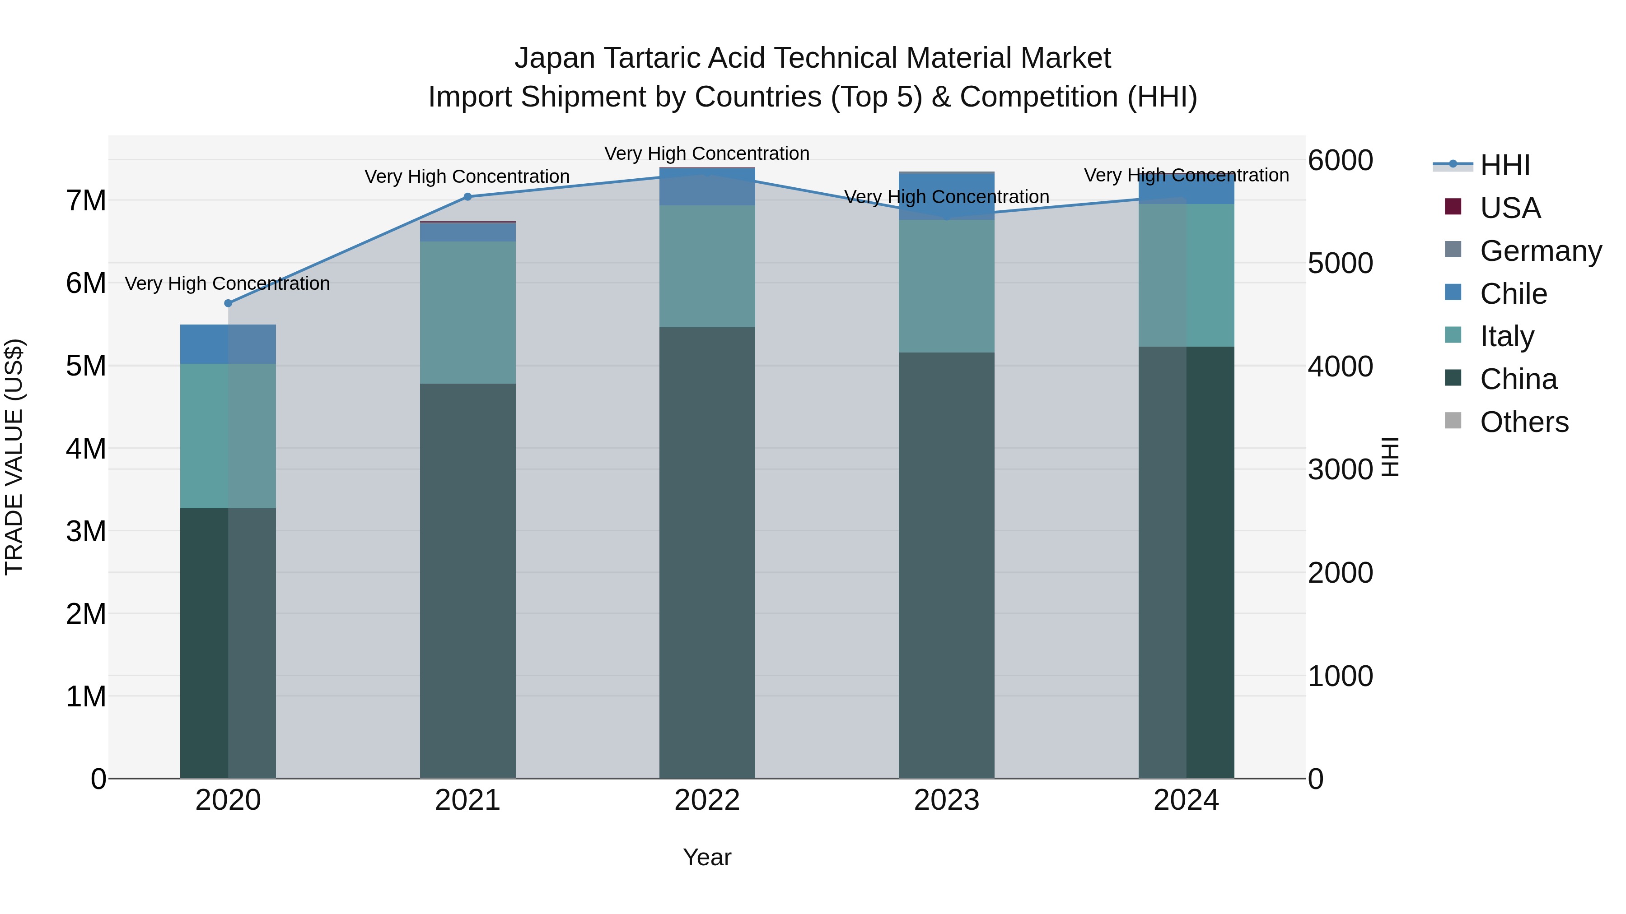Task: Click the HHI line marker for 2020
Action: point(228,303)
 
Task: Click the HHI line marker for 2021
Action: point(468,197)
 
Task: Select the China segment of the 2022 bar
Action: point(707,552)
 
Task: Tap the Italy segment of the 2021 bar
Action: point(468,312)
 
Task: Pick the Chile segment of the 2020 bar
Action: point(228,344)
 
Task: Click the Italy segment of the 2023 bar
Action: point(946,286)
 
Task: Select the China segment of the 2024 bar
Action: point(1186,561)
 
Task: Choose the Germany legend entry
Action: point(1540,251)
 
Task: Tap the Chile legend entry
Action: point(1513,294)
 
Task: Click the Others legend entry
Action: point(1524,422)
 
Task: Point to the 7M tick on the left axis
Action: point(86,200)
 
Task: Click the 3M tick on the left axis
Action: point(86,531)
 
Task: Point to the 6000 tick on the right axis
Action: point(1340,160)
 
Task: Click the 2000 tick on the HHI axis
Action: point(1340,573)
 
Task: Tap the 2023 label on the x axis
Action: point(946,800)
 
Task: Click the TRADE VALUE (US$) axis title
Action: point(14,457)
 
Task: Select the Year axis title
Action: point(707,857)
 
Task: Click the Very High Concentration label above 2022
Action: point(707,153)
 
